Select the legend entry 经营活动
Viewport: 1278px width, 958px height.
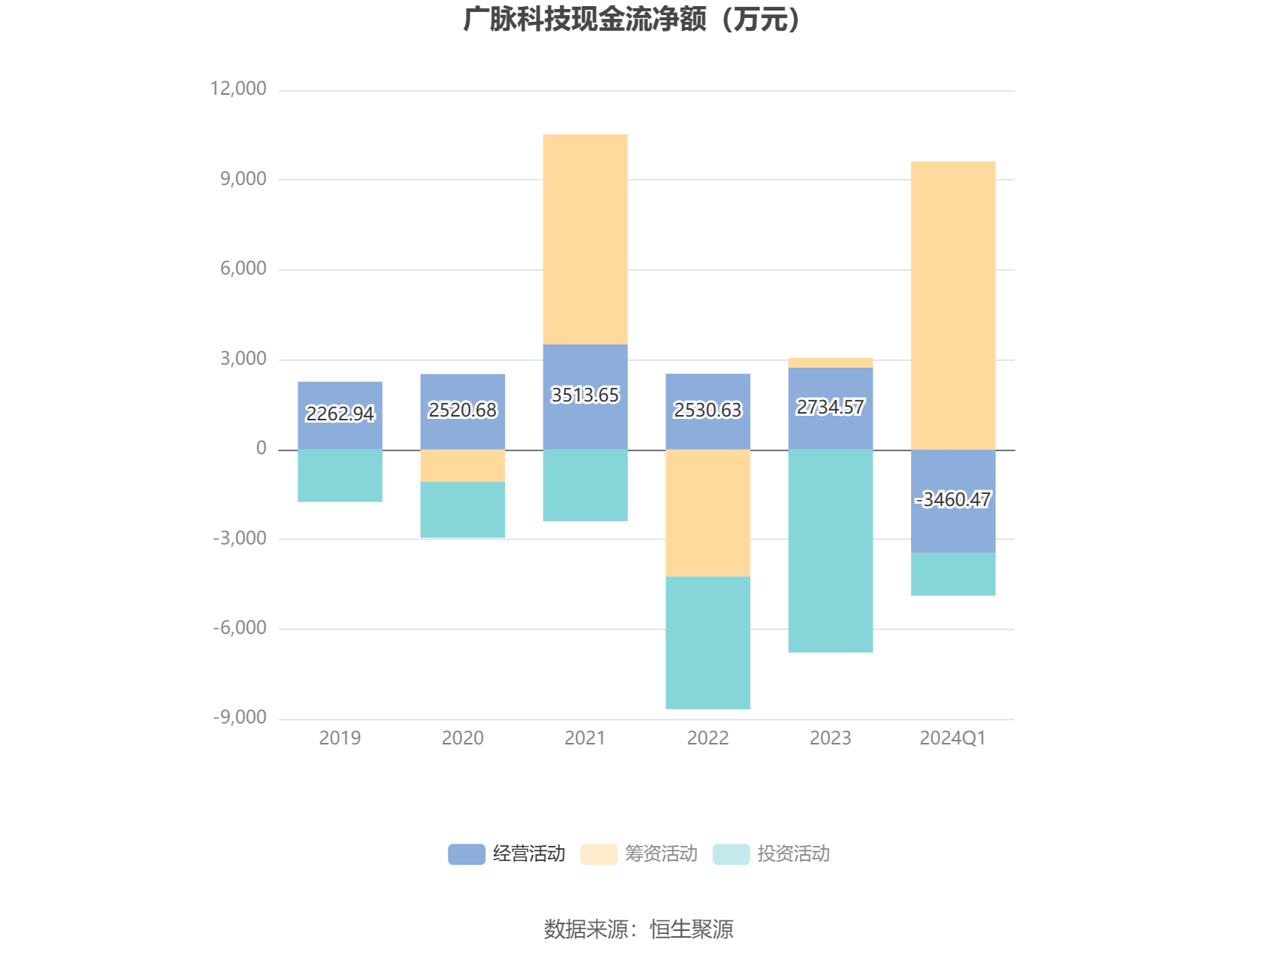click(x=507, y=854)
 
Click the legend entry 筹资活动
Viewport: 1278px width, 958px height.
click(x=639, y=854)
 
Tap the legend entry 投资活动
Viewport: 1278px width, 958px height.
click(x=771, y=854)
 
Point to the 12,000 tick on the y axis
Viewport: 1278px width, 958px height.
click(x=238, y=89)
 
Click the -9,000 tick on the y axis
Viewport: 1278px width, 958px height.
click(x=240, y=717)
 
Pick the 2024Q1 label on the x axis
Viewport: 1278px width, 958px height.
click(x=952, y=738)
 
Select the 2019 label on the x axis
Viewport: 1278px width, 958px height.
click(x=340, y=738)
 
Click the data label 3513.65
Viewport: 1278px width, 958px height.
click(x=585, y=396)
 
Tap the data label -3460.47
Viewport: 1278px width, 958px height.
click(x=953, y=500)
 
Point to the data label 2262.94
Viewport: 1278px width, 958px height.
click(x=340, y=414)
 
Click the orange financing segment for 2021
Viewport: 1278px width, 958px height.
click(x=585, y=239)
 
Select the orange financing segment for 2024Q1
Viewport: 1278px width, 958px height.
click(x=953, y=305)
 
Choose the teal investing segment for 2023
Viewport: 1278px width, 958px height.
click(x=831, y=550)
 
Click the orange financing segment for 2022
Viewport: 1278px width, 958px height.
click(x=707, y=513)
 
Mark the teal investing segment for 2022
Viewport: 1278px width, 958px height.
click(x=707, y=642)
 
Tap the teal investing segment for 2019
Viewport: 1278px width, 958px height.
click(x=340, y=475)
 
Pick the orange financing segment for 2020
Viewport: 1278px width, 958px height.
click(x=462, y=465)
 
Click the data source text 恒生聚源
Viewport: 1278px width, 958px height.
click(x=692, y=929)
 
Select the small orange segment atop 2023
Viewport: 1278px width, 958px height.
click(x=831, y=363)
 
